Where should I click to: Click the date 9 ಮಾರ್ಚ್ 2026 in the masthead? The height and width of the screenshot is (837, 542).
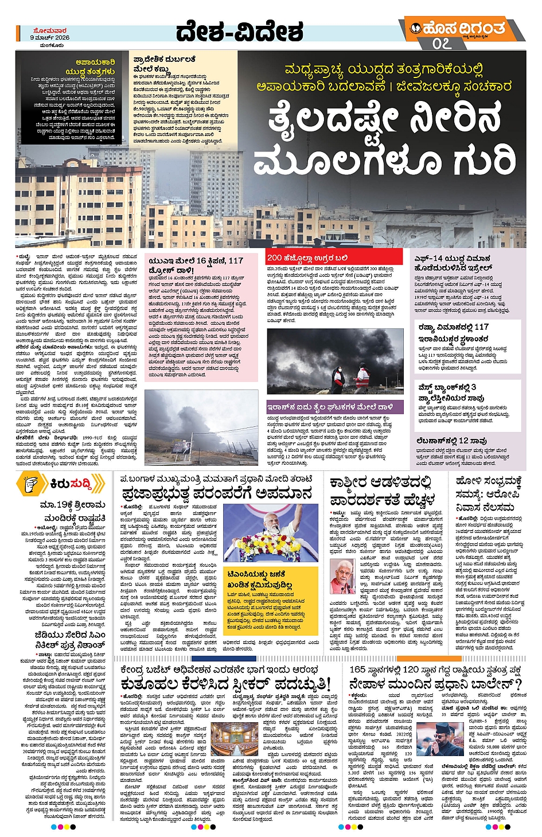tap(49, 37)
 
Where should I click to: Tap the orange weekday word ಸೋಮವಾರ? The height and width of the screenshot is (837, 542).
tap(49, 30)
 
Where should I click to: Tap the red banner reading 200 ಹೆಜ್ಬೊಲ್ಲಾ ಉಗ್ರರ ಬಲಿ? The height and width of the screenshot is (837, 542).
tap(307, 258)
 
